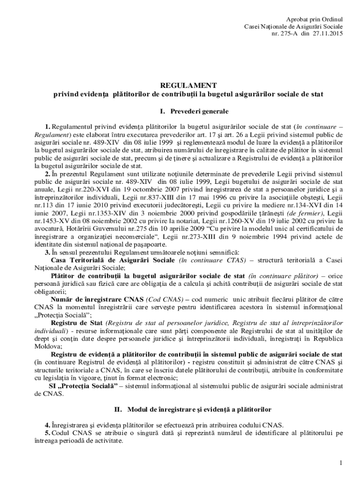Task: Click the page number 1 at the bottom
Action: pyautogui.click(x=342, y=463)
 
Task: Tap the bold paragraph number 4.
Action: pyautogui.click(x=47, y=425)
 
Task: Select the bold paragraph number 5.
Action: pyautogui.click(x=47, y=433)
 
